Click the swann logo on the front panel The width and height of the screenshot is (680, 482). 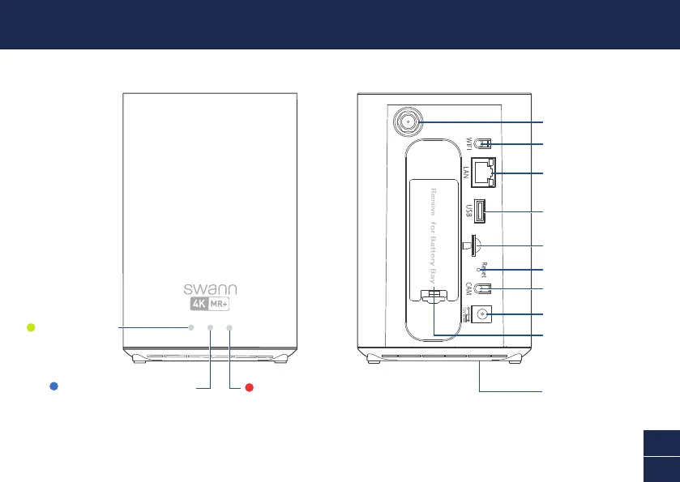[209, 289]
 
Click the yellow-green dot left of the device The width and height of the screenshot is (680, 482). [30, 327]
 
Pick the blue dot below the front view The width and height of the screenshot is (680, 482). [53, 386]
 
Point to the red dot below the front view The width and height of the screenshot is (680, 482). [250, 387]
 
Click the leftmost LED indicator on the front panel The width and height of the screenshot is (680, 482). [191, 327]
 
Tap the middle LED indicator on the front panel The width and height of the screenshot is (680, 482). [210, 327]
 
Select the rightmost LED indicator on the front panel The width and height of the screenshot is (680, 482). [229, 327]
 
